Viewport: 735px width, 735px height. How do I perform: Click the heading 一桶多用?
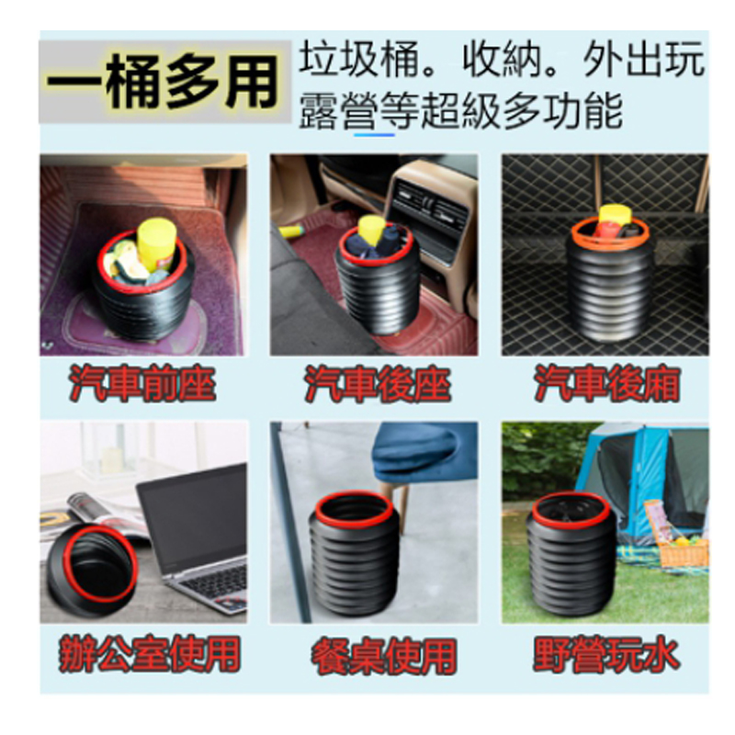pyautogui.click(x=163, y=83)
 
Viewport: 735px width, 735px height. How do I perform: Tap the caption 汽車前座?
pyautogui.click(x=142, y=384)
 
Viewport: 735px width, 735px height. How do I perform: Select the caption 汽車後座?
pyautogui.click(x=377, y=384)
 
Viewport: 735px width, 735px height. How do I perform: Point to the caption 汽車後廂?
pyautogui.click(x=607, y=384)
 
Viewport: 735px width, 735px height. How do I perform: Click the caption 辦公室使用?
pyautogui.click(x=150, y=653)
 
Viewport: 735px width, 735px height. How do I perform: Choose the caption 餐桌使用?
pyautogui.click(x=383, y=655)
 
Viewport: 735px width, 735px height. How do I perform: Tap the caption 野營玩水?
pyautogui.click(x=606, y=654)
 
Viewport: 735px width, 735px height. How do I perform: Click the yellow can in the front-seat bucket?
pyautogui.click(x=156, y=243)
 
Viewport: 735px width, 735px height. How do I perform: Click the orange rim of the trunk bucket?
pyautogui.click(x=610, y=233)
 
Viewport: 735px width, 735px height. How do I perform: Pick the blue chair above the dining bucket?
pyautogui.click(x=422, y=452)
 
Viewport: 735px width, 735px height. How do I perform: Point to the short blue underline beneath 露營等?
pyautogui.click(x=374, y=135)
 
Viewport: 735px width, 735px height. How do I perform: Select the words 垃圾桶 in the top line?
pyautogui.click(x=357, y=59)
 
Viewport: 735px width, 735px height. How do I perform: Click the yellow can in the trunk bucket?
pyautogui.click(x=615, y=218)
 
